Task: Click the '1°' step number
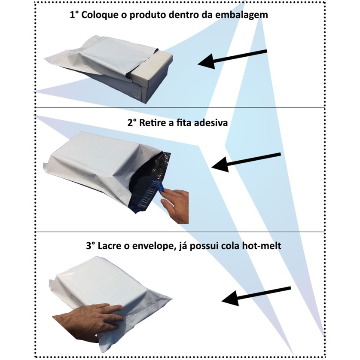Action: coord(74,15)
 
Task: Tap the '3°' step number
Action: coord(91,246)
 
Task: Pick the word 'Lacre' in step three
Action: coord(109,246)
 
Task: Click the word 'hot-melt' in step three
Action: coord(262,246)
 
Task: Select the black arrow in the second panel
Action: coord(246,162)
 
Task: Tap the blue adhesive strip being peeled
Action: coord(161,187)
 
